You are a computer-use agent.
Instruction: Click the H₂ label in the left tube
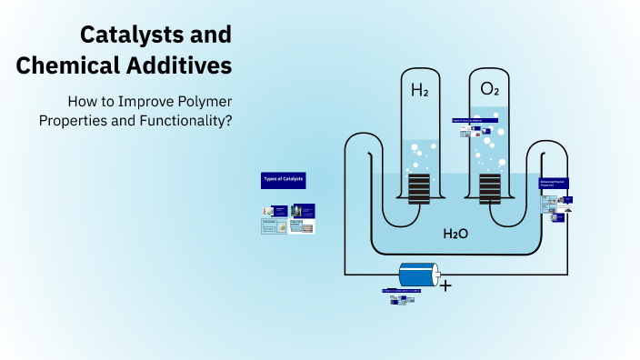[x=418, y=90]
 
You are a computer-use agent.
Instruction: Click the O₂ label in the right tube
[x=489, y=90]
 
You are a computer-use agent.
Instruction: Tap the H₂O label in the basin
[x=455, y=234]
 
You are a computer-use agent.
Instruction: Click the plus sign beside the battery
[x=445, y=285]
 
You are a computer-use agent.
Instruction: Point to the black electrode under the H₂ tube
[x=418, y=189]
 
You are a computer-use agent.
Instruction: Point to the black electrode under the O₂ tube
[x=490, y=189]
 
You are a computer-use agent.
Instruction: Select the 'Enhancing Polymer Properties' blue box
[x=554, y=184]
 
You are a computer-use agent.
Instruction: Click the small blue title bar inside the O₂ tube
[x=475, y=120]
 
